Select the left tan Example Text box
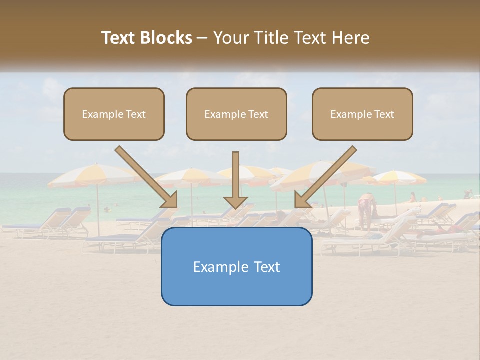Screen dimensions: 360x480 point(114,114)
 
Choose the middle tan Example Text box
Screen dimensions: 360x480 point(236,114)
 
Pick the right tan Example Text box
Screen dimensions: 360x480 point(362,114)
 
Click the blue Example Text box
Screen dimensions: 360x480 point(236,266)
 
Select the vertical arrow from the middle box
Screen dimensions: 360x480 point(235,175)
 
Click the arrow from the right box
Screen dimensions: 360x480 point(327,175)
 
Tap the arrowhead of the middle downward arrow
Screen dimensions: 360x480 point(235,202)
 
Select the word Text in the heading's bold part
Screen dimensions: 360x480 point(119,38)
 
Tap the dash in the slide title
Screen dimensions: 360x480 point(202,38)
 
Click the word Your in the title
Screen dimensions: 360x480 point(231,38)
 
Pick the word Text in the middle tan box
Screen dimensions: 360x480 point(258,114)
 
